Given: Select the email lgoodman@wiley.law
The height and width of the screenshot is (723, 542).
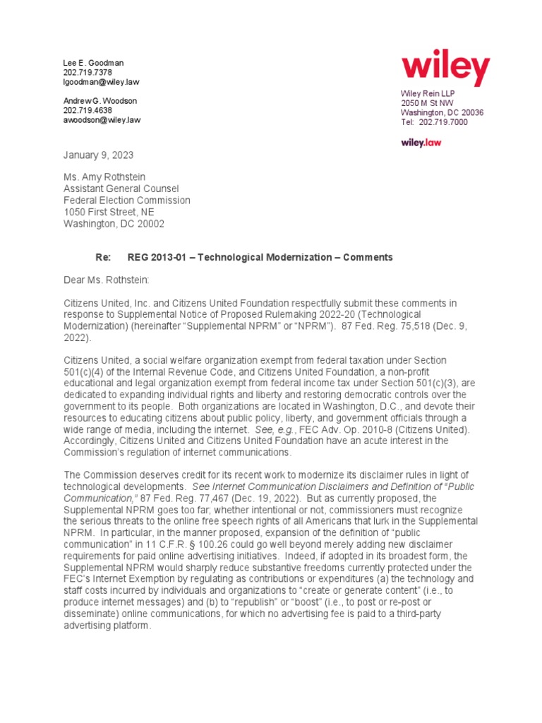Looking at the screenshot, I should point(102,82).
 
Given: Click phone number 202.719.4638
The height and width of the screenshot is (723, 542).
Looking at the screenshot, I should point(88,110).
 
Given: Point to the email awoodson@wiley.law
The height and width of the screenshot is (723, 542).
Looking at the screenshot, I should point(102,120).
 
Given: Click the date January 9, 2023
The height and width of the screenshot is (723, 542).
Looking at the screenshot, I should point(98,155).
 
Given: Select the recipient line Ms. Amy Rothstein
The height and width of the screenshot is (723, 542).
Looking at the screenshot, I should point(105,177).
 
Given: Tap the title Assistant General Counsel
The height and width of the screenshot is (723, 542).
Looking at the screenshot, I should point(121,189).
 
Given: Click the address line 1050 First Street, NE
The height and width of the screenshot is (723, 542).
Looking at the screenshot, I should point(109,212).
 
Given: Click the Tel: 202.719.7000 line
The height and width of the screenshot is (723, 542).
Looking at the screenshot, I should point(434,122).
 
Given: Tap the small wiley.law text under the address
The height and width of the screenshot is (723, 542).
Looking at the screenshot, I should point(421,143).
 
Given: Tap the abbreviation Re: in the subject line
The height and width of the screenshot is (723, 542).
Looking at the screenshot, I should point(103,258).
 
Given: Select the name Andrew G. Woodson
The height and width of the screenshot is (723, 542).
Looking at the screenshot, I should point(100,100).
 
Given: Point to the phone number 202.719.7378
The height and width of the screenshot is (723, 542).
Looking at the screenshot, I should point(88,73).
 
